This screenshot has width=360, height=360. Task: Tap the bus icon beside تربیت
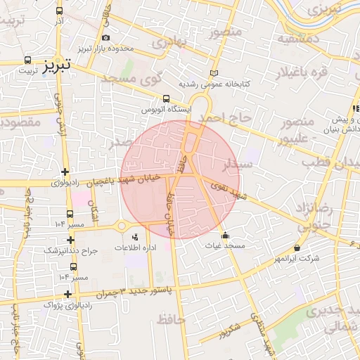[27, 60]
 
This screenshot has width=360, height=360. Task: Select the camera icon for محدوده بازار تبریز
[105, 37]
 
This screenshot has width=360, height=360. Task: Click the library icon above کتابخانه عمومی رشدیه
[214, 74]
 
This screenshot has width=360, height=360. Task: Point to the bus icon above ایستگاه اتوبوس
[166, 99]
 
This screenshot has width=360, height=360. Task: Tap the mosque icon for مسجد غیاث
[225, 236]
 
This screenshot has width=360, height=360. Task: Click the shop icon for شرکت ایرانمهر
[297, 248]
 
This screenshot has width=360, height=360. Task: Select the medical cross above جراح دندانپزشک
[70, 240]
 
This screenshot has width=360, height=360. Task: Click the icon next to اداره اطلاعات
[135, 237]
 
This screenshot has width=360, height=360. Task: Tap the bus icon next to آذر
[59, 12]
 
